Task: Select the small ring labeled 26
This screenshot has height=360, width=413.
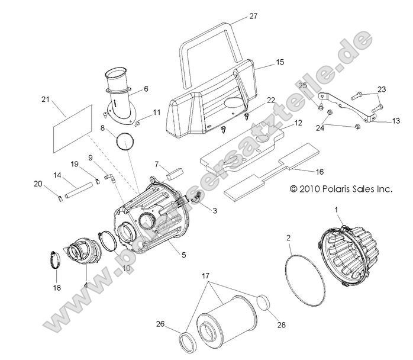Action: click(x=188, y=342)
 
